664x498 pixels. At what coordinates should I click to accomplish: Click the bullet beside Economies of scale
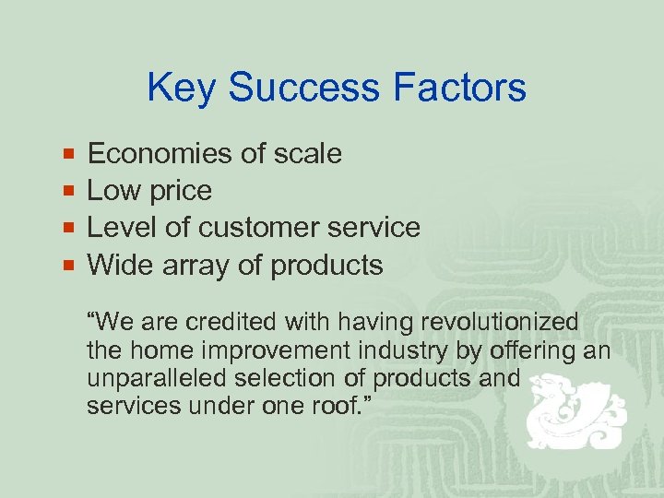(68, 153)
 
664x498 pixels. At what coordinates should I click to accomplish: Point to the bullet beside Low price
(68, 191)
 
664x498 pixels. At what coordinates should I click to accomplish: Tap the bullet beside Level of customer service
(68, 228)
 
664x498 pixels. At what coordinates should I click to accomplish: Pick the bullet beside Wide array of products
(68, 266)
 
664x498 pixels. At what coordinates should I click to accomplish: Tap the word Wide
(118, 266)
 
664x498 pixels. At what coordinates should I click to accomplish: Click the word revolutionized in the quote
(499, 323)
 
